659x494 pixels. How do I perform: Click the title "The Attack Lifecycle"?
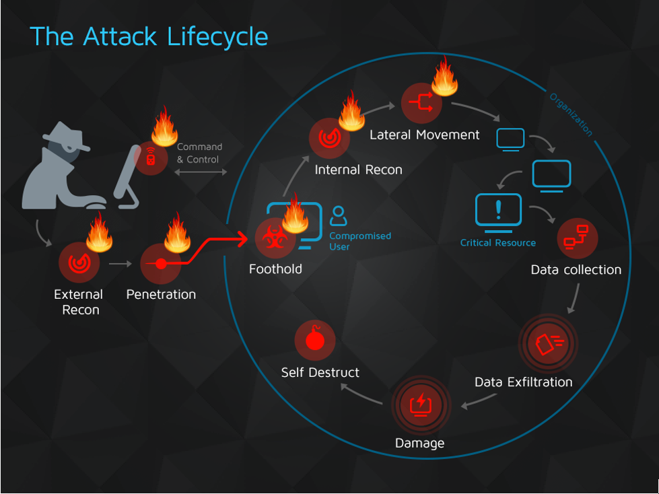(149, 36)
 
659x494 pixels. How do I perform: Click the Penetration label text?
(161, 294)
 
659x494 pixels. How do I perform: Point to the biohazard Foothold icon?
(275, 239)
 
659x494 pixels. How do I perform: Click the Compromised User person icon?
(339, 216)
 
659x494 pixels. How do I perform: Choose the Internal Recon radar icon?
(329, 138)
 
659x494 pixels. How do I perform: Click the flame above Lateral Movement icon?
(444, 76)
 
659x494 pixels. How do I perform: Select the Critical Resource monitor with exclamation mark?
(498, 211)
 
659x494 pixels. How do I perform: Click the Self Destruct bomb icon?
(315, 340)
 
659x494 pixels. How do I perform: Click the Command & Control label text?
(199, 153)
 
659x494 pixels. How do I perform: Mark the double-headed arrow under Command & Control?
(201, 172)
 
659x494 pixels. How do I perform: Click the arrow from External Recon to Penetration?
(120, 264)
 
